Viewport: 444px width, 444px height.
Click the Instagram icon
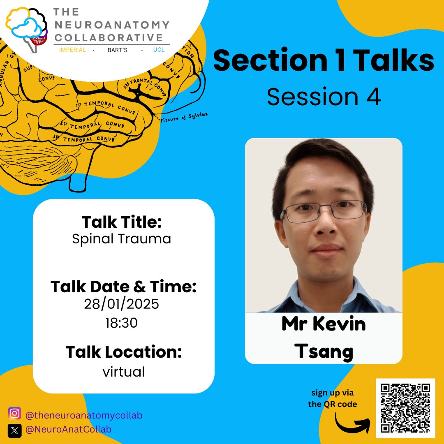[15, 413]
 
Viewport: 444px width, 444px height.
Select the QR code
[405, 408]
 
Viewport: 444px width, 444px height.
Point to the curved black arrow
[352, 423]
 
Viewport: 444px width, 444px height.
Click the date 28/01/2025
[121, 305]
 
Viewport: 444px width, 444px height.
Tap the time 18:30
[121, 323]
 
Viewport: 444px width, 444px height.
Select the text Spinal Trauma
[121, 239]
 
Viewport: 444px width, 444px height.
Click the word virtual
[123, 372]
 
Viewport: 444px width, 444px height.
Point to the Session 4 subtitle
[324, 97]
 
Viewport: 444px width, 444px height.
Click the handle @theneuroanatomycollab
[84, 415]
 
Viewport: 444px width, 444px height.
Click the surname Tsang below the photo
[324, 351]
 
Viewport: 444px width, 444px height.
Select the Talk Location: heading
[123, 352]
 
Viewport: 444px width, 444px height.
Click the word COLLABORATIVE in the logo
[108, 37]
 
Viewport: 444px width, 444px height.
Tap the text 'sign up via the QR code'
[333, 398]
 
